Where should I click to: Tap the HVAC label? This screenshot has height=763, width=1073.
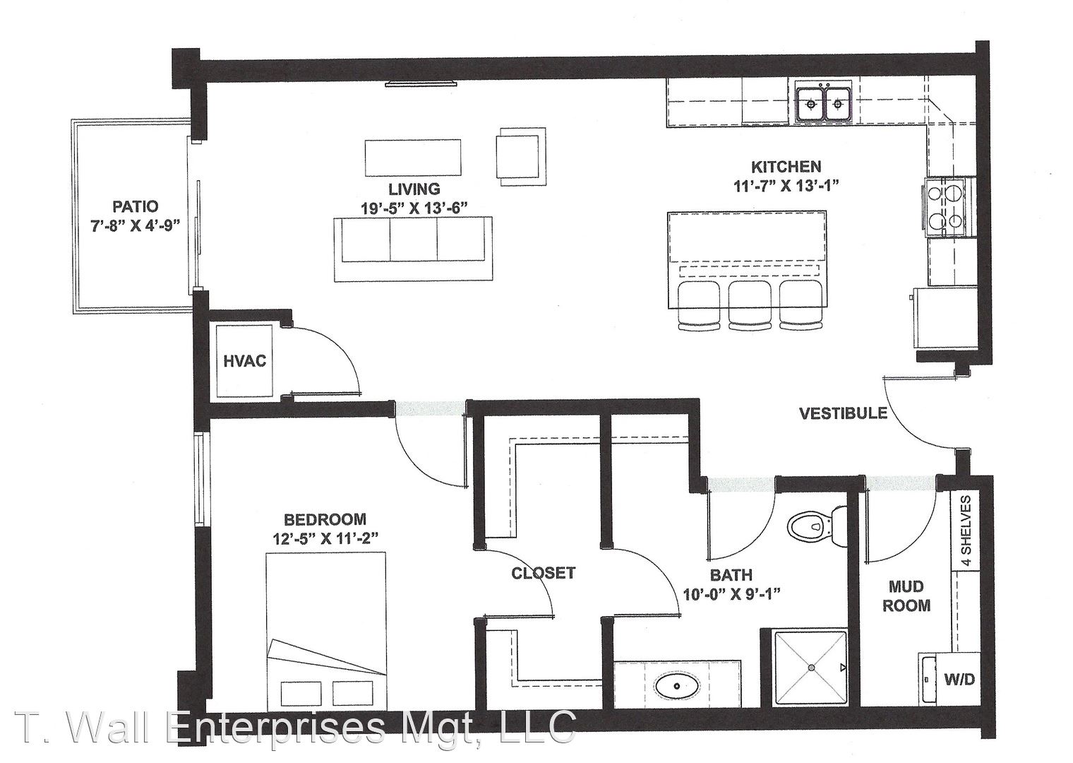pos(245,361)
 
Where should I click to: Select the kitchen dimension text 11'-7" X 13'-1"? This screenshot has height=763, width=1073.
pos(786,186)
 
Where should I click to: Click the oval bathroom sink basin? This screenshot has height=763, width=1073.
pos(678,686)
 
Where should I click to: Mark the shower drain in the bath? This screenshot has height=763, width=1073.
pos(811,668)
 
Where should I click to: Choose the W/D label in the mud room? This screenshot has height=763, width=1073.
pos(959,679)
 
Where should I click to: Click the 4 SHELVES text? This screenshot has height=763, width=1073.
pos(966,531)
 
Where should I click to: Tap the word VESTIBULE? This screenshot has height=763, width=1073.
pos(843,413)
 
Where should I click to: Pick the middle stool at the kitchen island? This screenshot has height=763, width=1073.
pos(750,305)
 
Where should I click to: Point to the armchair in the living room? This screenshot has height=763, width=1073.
pos(521,157)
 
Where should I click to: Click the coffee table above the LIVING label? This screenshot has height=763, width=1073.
pos(413,158)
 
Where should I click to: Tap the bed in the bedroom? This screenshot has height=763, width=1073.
pos(326,631)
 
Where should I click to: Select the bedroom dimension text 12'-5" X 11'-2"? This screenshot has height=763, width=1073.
pos(325,539)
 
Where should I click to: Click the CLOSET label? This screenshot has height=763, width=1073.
pos(544,573)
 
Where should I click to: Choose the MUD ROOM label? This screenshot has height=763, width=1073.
pos(906,596)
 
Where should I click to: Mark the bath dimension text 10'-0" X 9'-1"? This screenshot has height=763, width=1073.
pos(731,594)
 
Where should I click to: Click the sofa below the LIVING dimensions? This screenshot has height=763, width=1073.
pos(414,249)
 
